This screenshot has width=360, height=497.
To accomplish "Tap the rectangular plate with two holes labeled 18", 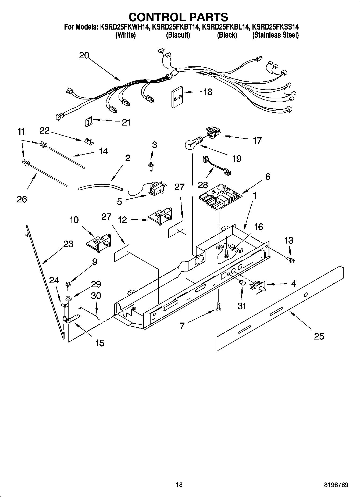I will tap(177, 97).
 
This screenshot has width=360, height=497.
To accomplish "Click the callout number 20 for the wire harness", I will tap(84, 55).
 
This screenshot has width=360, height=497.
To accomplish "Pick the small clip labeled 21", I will tap(88, 122).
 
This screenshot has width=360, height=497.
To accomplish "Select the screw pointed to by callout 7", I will tap(218, 306).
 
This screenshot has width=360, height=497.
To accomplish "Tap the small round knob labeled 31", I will tap(242, 283).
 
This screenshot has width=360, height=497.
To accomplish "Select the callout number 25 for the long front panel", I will tap(319, 336).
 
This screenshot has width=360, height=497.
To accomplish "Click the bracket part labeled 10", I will tap(99, 241).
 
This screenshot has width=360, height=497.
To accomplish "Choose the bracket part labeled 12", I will tap(160, 215).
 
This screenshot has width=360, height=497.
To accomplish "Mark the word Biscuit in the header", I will tap(178, 35).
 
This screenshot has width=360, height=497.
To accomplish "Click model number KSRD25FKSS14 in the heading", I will tap(275, 27).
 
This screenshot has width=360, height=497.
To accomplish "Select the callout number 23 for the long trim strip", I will tap(68, 244).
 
